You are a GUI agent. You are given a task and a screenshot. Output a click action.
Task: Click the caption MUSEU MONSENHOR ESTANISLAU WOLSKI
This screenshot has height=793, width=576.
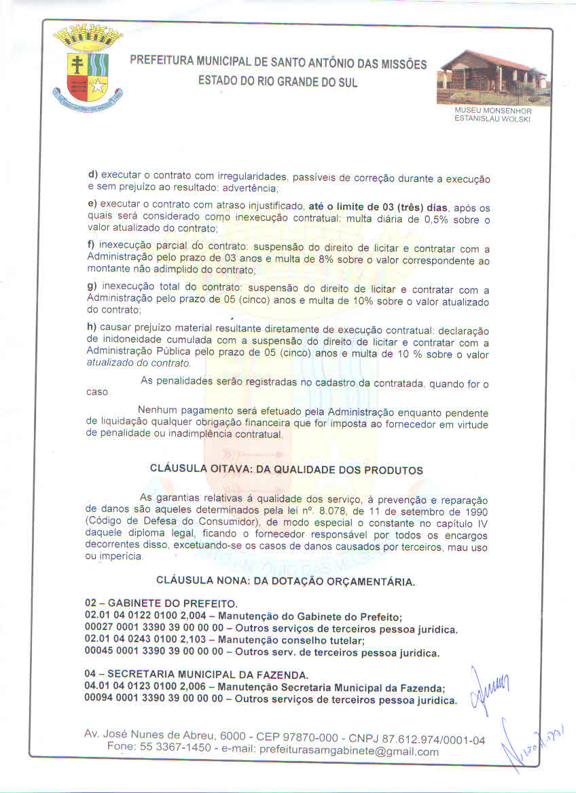point(492,115)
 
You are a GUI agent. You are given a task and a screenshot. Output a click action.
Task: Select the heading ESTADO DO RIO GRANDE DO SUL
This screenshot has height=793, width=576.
point(278,82)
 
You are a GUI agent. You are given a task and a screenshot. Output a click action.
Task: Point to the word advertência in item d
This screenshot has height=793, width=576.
point(249,188)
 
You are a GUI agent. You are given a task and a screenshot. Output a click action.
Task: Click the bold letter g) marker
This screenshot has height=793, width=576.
point(92,288)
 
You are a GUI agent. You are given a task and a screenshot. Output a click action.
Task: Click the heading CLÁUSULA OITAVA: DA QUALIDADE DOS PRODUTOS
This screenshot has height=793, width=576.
point(286,470)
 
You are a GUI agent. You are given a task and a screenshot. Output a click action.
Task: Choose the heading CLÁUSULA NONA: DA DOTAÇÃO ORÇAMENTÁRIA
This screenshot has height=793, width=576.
point(286,581)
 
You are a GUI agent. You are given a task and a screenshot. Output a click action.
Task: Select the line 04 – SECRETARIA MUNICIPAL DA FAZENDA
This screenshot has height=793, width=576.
point(196,675)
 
